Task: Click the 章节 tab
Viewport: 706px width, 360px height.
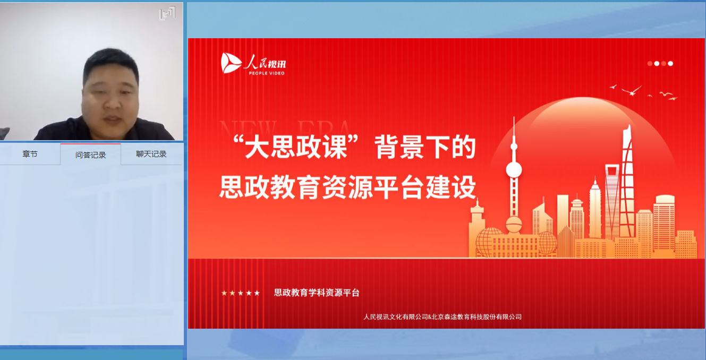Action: [x=30, y=154]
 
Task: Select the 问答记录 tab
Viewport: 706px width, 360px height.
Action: [x=90, y=155]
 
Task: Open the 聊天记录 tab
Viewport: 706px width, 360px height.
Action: [x=151, y=154]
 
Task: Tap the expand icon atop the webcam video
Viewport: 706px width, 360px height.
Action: [x=167, y=13]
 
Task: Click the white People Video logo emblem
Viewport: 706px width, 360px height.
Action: [x=231, y=63]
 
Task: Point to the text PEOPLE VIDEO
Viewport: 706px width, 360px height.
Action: [x=267, y=73]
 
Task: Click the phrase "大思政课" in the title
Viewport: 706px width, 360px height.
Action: [x=296, y=147]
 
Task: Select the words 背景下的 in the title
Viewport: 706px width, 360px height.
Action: [x=425, y=147]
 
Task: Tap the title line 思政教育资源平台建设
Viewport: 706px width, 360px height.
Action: [x=347, y=187]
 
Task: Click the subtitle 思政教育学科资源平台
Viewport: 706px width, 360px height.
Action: [x=317, y=293]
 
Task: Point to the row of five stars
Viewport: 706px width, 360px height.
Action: [x=241, y=293]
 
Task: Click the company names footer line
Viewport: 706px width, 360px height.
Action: [x=443, y=317]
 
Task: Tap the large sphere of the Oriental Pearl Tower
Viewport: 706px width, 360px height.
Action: [x=514, y=170]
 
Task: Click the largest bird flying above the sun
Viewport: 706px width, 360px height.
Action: [x=632, y=91]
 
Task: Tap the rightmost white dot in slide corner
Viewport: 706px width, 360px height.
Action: [x=670, y=64]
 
